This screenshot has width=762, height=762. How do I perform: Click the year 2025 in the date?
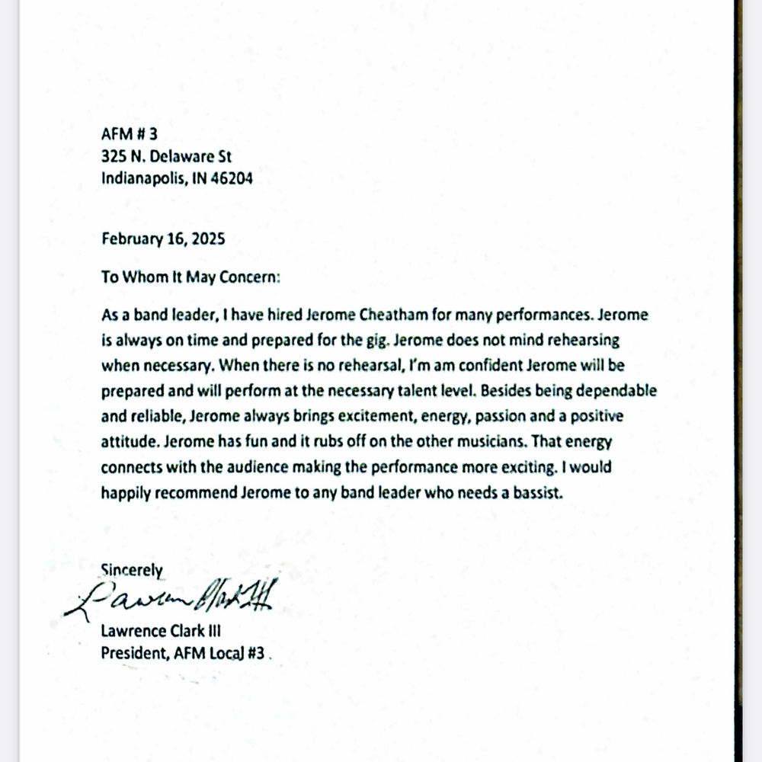pyautogui.click(x=207, y=239)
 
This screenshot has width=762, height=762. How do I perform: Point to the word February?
pyautogui.click(x=132, y=239)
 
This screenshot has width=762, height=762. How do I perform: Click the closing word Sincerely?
pyautogui.click(x=132, y=568)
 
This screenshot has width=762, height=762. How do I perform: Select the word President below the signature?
pyautogui.click(x=133, y=652)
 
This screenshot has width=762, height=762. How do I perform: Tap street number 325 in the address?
pyautogui.click(x=114, y=157)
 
